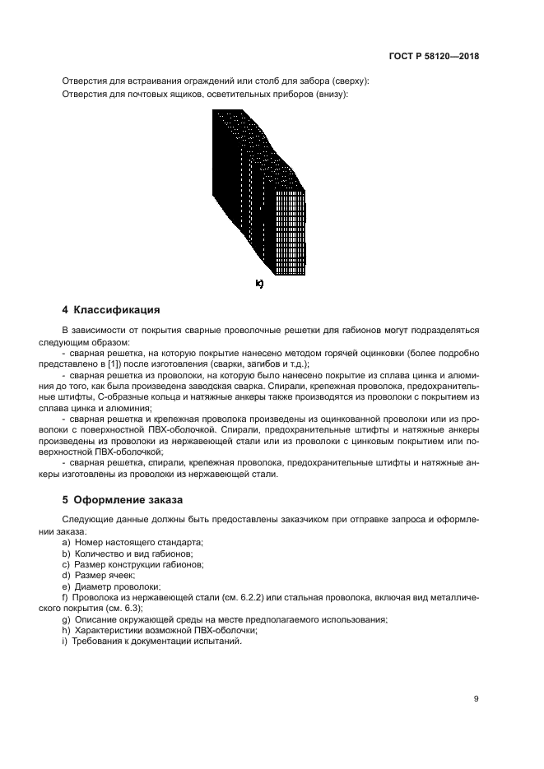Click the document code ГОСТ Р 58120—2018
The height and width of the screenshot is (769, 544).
point(434,57)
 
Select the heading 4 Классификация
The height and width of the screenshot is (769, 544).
point(111,310)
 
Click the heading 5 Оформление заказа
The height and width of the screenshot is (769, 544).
point(123,499)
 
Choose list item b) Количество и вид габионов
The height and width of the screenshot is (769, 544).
point(133,554)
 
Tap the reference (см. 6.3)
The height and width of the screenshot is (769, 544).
point(125,608)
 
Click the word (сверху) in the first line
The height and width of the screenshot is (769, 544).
point(350,81)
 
